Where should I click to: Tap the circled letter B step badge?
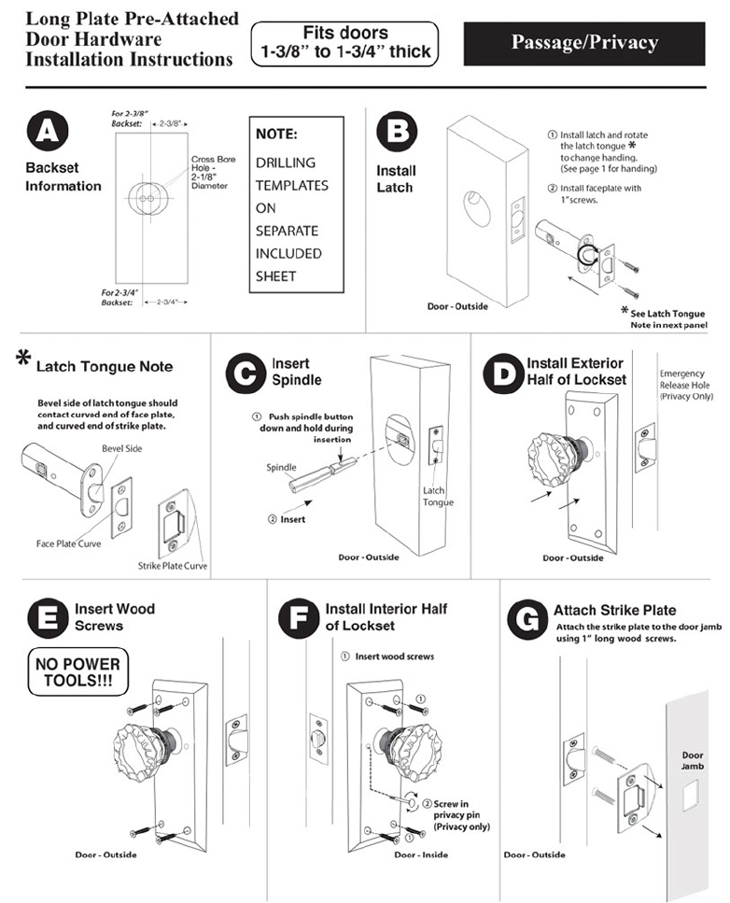[x=395, y=131]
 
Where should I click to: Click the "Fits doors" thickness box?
[x=344, y=43]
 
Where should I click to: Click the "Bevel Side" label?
[x=121, y=449]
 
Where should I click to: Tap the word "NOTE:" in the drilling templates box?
[x=276, y=134]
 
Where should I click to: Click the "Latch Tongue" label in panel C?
[x=437, y=496]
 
